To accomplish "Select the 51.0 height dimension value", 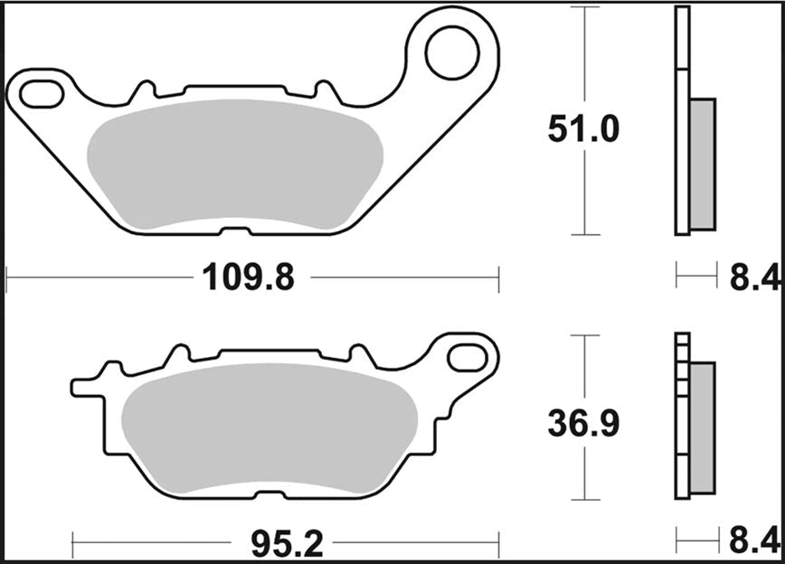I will [x=583, y=130].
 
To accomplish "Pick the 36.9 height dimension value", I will [x=583, y=423].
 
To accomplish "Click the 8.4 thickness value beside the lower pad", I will [x=753, y=542].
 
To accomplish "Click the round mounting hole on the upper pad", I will [x=452, y=52].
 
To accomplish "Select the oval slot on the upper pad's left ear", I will [x=39, y=92].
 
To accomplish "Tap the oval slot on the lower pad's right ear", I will [x=468, y=355].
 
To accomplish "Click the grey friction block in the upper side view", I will [x=702, y=163].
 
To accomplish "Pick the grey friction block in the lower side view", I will [x=702, y=428].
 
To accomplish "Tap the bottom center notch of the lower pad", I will [x=268, y=495].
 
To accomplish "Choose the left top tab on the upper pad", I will [x=142, y=90].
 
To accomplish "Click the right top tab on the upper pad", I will [x=323, y=90].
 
